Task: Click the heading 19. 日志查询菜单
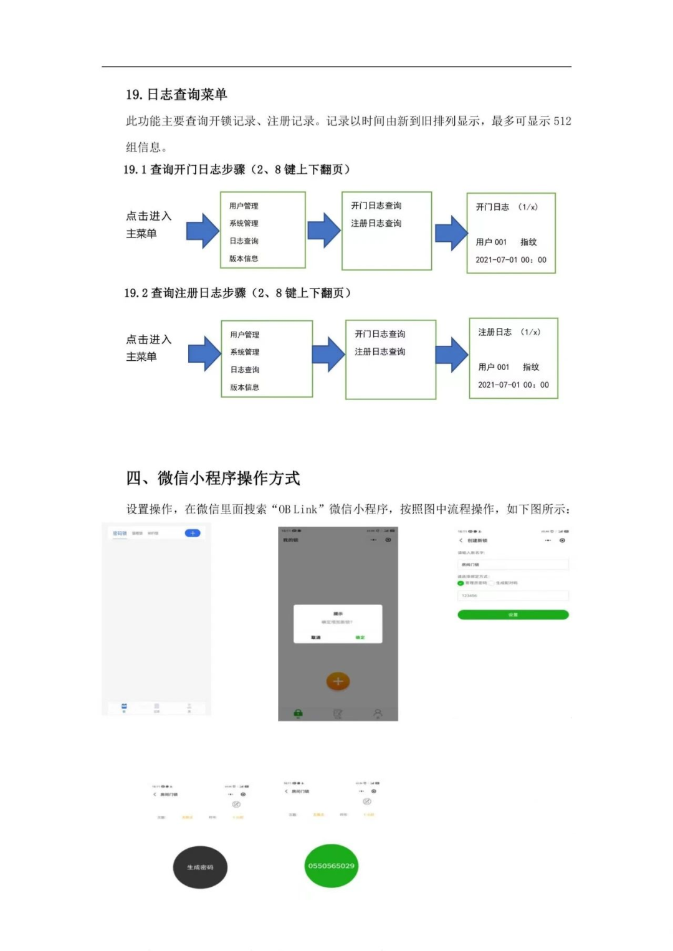[x=176, y=95]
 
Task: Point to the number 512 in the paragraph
[x=562, y=121]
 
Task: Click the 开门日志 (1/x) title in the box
[x=507, y=207]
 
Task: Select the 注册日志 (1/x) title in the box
[x=509, y=332]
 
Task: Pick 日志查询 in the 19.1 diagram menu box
[x=244, y=241]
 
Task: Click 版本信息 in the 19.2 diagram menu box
[x=245, y=388]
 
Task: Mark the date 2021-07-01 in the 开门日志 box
[x=497, y=260]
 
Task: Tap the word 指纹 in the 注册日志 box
[x=531, y=367]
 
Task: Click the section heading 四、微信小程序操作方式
[x=213, y=478]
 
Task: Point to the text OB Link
[x=298, y=509]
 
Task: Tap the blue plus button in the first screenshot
[x=193, y=533]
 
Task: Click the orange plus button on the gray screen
[x=338, y=681]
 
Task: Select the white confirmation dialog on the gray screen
[x=338, y=623]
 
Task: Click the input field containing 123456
[x=513, y=596]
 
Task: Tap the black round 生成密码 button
[x=200, y=867]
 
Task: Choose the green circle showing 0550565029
[x=331, y=866]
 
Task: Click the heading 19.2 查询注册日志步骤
[x=237, y=293]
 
